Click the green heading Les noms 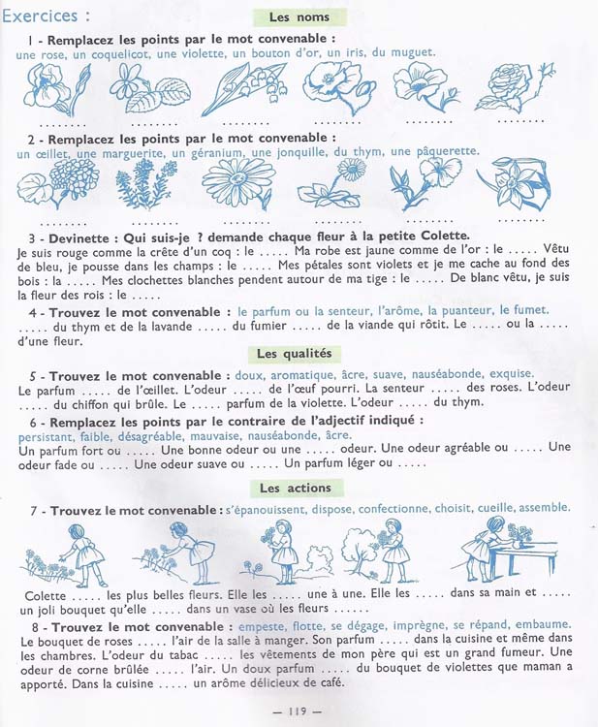tap(299, 17)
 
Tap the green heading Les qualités tap(295, 354)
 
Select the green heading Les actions tap(296, 488)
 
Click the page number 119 tap(298, 711)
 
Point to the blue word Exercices tap(40, 16)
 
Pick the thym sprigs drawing tap(145, 183)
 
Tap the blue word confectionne tap(393, 509)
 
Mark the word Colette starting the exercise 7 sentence tap(45, 596)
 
